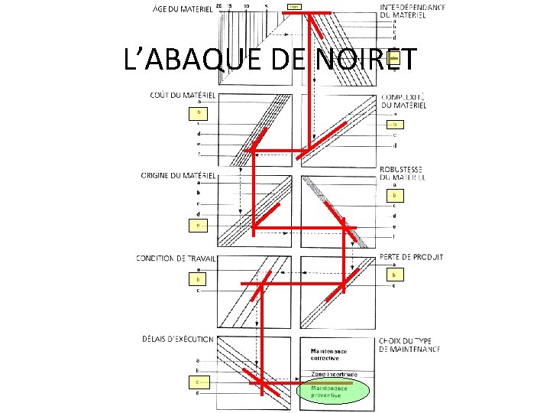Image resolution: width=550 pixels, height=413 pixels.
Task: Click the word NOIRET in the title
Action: tap(364, 60)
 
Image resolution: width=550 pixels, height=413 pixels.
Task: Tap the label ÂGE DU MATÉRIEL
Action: tap(182, 8)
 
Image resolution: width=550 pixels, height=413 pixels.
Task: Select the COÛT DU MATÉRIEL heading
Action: tap(181, 95)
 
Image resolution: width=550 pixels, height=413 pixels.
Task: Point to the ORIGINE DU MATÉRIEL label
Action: tap(177, 175)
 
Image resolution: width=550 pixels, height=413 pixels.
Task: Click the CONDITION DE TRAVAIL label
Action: tap(176, 259)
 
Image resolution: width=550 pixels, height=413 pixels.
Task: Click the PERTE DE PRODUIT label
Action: tap(411, 257)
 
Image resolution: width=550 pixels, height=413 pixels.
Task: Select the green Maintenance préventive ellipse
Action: tap(332, 392)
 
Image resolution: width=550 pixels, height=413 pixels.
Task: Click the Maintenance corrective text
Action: tap(328, 354)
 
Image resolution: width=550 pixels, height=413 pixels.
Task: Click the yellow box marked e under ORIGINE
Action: tap(199, 225)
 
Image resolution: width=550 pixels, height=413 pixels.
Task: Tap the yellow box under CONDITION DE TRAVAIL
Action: tap(199, 280)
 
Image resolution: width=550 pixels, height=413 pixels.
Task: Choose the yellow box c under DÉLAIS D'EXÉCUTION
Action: tap(198, 380)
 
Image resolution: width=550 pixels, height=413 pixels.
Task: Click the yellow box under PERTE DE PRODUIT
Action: tap(393, 275)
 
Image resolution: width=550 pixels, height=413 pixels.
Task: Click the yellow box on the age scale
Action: tap(294, 7)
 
